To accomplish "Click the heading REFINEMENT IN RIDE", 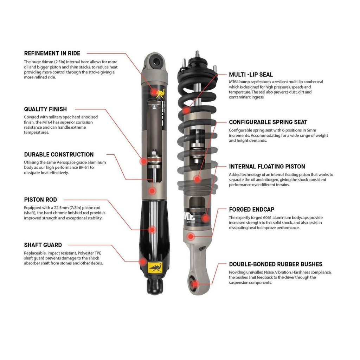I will [52, 53].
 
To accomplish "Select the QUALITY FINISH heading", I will [45, 109].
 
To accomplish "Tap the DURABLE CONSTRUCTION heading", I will [59, 155].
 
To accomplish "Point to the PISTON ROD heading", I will [40, 200].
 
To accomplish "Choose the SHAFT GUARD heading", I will [43, 245].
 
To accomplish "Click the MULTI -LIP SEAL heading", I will [251, 75].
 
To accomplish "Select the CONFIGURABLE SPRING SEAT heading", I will [268, 122].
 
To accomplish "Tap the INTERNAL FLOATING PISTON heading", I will [267, 167].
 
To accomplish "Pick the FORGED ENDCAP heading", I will [251, 210].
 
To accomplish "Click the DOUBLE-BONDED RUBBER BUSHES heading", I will [276, 264].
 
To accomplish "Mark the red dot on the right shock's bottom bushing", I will [193, 283].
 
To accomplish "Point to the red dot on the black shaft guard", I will [142, 262].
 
